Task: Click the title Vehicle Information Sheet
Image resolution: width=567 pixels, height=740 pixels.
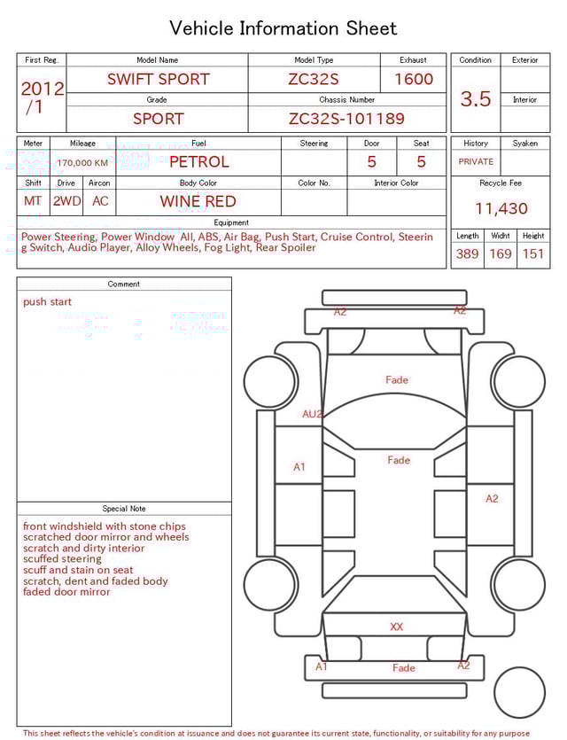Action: (x=283, y=28)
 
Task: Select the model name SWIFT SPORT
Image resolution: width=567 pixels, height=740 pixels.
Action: (x=159, y=79)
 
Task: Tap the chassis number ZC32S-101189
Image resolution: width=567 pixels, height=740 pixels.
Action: (x=346, y=119)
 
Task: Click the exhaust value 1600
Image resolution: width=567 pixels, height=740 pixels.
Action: (x=414, y=79)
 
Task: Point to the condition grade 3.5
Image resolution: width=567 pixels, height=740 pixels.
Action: (x=476, y=99)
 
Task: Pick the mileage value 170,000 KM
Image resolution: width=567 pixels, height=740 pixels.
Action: (x=82, y=163)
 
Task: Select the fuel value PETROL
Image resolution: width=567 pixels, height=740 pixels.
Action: (x=198, y=162)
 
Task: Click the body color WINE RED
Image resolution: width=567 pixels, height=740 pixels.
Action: (x=198, y=201)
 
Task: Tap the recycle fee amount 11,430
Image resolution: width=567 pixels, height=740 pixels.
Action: (x=501, y=209)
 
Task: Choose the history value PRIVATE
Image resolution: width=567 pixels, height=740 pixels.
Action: (x=476, y=162)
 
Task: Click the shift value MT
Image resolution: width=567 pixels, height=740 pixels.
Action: (x=33, y=201)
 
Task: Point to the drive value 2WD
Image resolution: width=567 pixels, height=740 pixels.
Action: (x=66, y=201)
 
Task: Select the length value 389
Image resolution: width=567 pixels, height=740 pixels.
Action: (x=468, y=254)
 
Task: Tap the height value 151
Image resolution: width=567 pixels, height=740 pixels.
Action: (x=533, y=254)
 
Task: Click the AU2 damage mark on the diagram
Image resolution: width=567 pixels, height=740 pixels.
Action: (x=313, y=414)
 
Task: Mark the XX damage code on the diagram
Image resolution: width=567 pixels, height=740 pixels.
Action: (x=397, y=627)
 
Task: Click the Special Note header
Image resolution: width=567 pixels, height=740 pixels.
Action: (x=124, y=509)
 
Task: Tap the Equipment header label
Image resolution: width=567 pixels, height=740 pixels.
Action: (x=231, y=222)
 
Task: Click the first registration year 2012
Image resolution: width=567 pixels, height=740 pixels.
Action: (x=42, y=89)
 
